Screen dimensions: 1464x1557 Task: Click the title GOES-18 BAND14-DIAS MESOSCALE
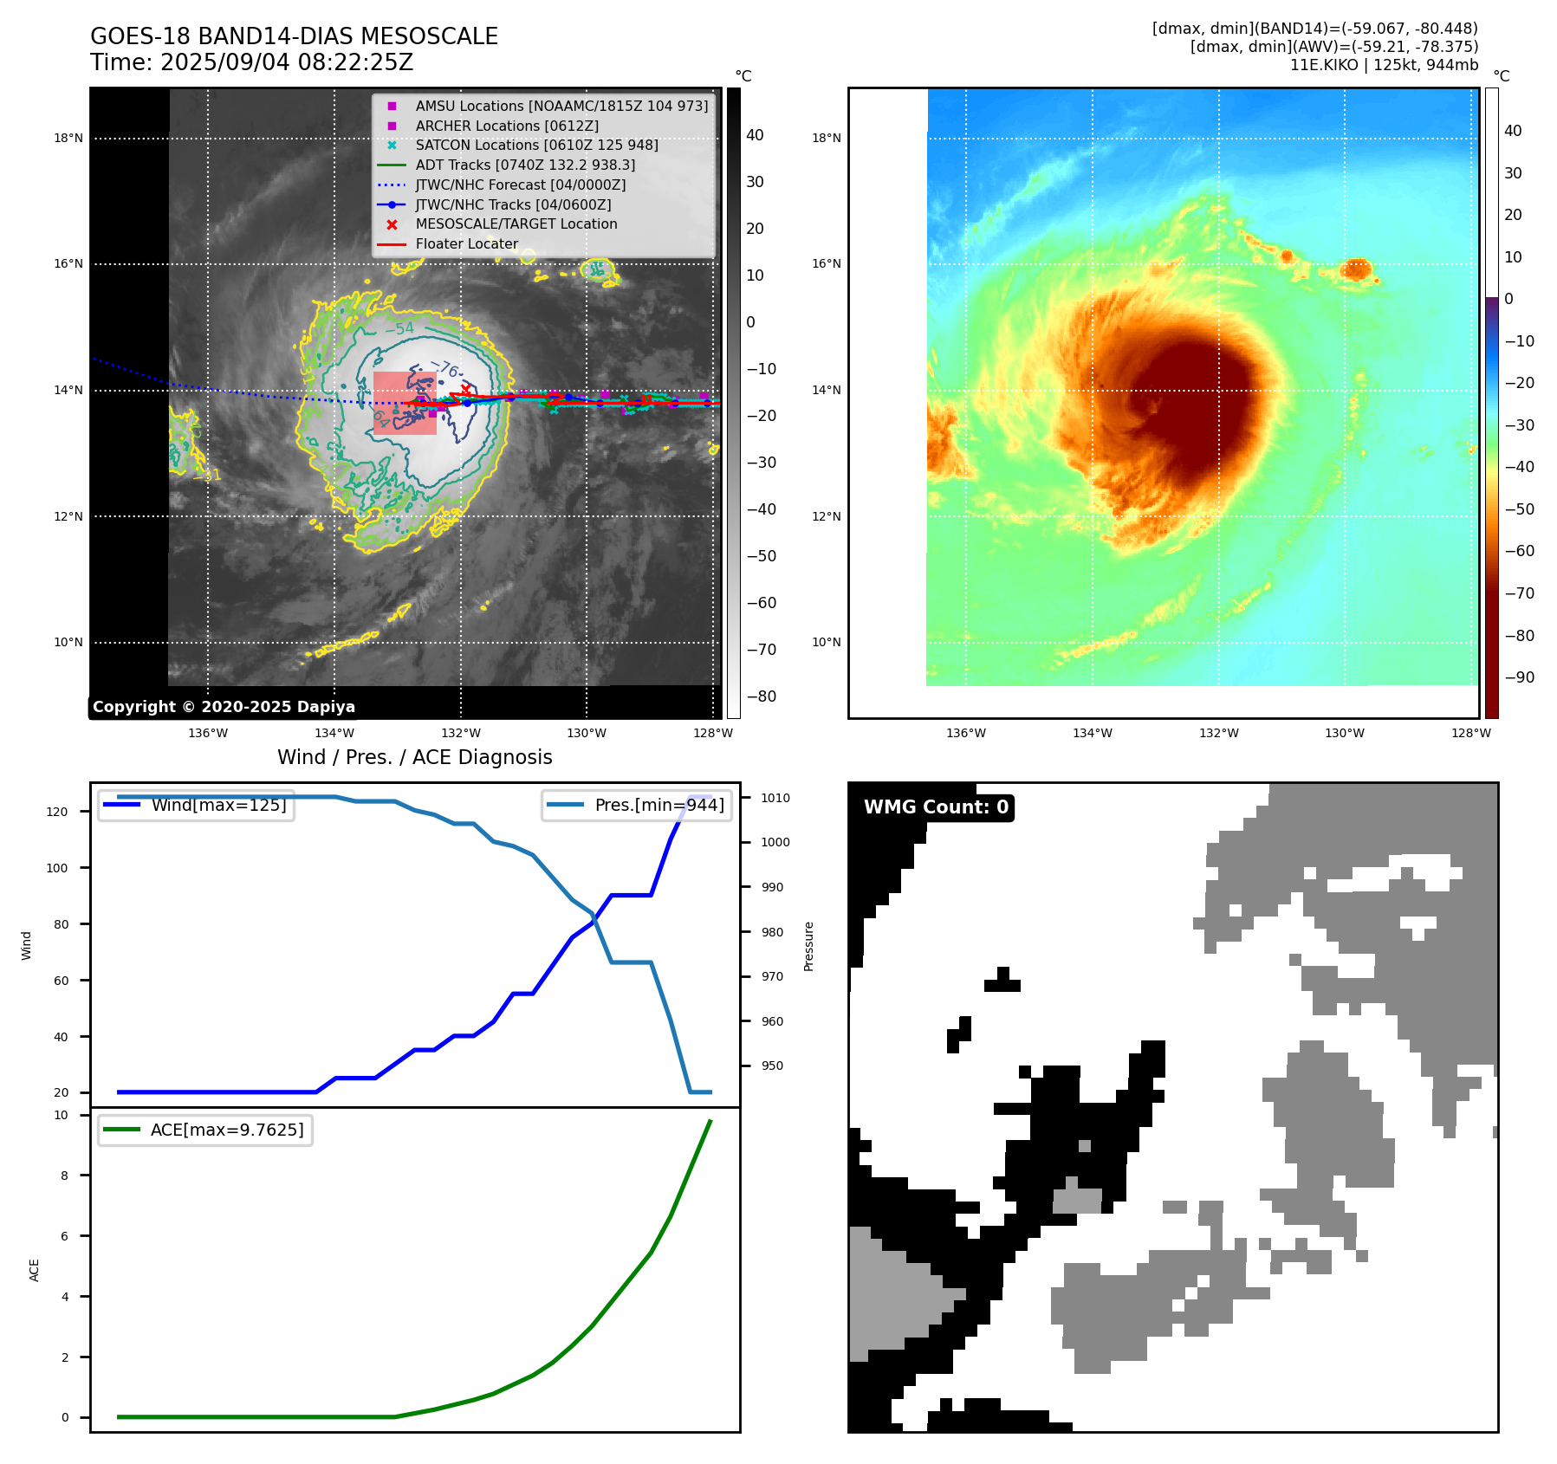(294, 36)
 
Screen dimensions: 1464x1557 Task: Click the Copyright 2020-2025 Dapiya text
(224, 707)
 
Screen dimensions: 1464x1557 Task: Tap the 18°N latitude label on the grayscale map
(68, 139)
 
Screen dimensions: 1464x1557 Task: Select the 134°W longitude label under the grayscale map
(334, 734)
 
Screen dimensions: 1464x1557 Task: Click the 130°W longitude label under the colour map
(1344, 734)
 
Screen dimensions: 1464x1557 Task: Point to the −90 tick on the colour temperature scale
(1519, 677)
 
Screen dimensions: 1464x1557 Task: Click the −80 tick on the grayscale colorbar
(762, 696)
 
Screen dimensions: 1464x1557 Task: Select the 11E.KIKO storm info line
(1384, 65)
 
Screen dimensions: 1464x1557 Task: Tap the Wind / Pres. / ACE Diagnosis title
(414, 757)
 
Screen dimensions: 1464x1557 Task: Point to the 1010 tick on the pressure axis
(775, 798)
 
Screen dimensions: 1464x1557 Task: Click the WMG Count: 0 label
(936, 807)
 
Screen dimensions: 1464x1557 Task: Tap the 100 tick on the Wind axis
(57, 868)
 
